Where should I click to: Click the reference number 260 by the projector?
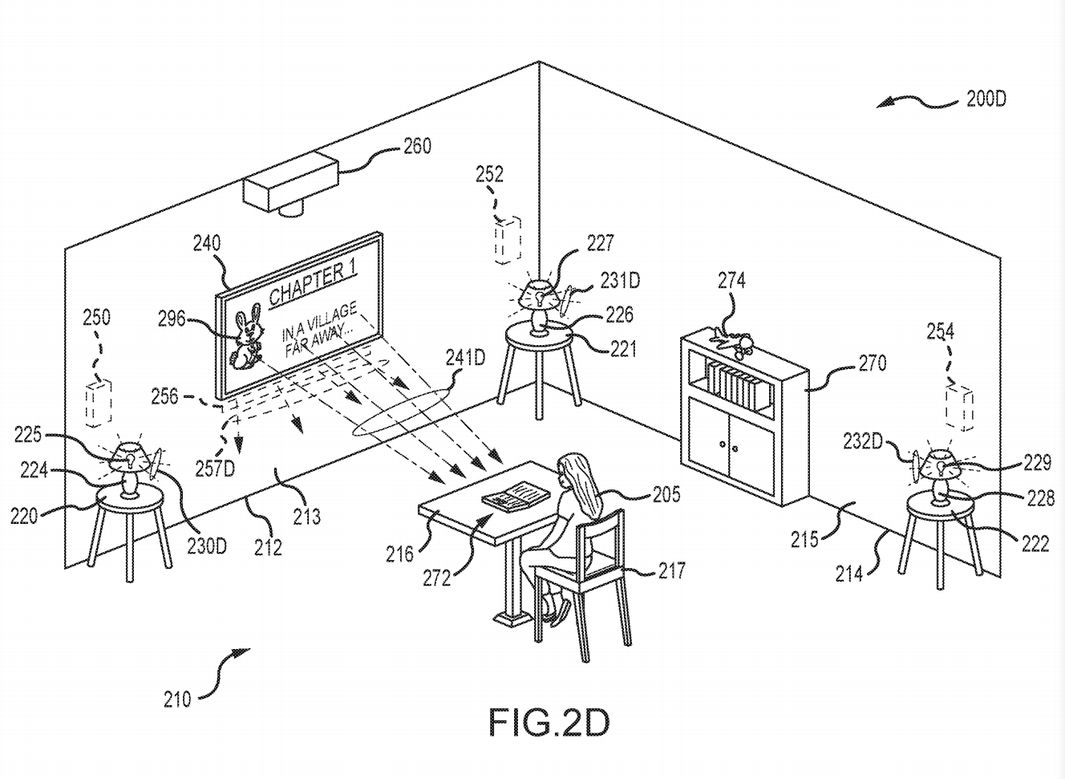tap(416, 146)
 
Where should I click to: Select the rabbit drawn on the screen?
tap(248, 339)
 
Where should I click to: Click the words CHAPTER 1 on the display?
tap(312, 283)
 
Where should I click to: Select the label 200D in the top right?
tap(986, 99)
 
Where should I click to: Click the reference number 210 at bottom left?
tap(176, 700)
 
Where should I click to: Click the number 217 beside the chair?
tap(671, 570)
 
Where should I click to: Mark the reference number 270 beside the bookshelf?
tap(872, 363)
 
